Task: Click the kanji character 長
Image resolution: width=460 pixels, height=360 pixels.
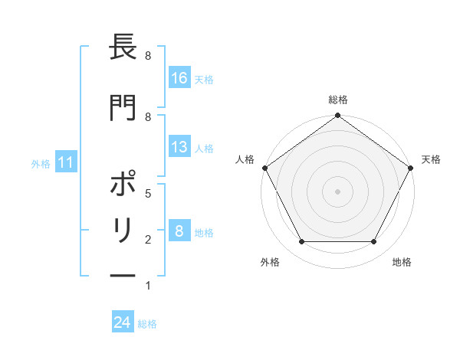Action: [123, 49]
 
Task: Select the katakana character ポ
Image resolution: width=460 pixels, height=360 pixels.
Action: [123, 186]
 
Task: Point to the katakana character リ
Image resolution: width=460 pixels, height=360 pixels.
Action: [123, 231]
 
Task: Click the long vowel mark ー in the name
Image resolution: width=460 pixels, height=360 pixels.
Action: [123, 275]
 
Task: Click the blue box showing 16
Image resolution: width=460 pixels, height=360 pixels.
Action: [179, 78]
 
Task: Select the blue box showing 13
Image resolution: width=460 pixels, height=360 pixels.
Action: [179, 147]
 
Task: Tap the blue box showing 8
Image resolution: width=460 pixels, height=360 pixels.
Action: [179, 231]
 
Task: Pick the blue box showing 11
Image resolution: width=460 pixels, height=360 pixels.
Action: [65, 162]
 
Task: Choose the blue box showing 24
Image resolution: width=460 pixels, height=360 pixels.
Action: [123, 322]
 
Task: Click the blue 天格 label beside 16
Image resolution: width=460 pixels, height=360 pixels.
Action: [204, 79]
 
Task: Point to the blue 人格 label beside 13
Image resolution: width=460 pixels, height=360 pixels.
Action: [204, 148]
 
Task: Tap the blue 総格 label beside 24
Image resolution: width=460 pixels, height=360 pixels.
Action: [147, 323]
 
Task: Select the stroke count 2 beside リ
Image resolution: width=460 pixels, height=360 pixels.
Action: [147, 240]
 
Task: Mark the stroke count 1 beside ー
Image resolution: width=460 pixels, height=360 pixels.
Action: [147, 286]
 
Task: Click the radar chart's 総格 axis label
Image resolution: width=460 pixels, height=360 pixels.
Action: [338, 100]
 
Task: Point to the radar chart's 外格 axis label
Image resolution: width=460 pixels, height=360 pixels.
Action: [270, 262]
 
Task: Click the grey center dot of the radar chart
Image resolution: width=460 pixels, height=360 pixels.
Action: [338, 191]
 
